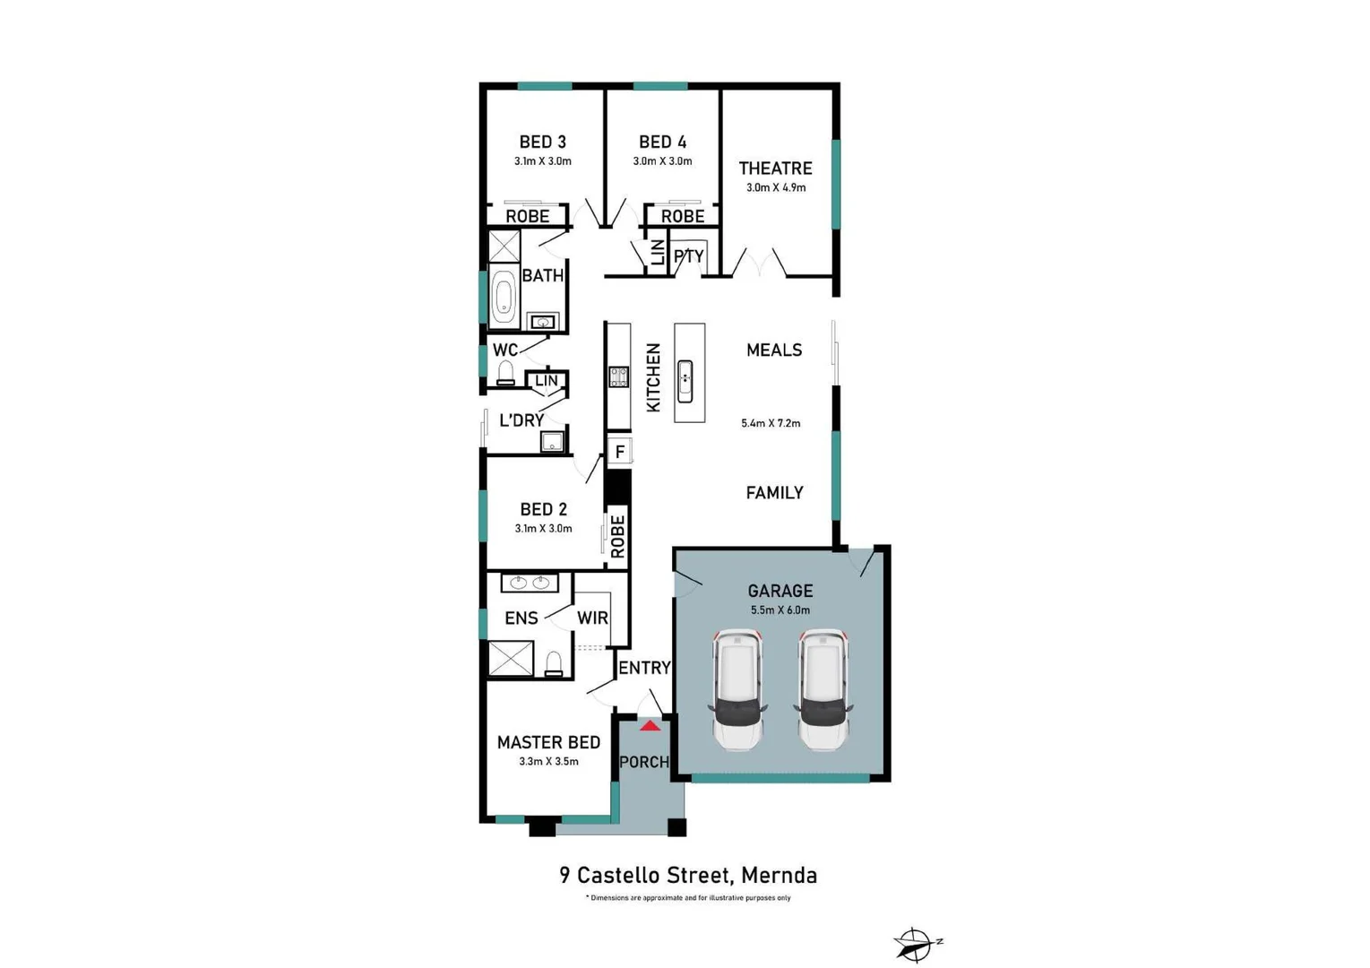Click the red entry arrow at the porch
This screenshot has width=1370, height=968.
tap(650, 725)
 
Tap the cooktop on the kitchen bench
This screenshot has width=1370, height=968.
tap(618, 376)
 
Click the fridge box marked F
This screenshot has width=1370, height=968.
tap(619, 452)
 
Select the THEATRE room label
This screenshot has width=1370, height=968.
tap(775, 169)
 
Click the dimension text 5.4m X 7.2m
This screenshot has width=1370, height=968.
tap(771, 423)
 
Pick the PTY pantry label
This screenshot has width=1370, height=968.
tap(688, 256)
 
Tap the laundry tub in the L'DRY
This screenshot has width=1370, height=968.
tap(552, 441)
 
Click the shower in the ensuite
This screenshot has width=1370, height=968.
tap(510, 659)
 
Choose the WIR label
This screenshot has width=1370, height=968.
tap(592, 618)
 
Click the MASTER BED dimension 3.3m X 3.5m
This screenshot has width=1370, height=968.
tap(548, 762)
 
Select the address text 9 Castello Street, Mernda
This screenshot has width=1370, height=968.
tap(688, 875)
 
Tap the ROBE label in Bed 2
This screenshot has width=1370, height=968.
tap(617, 536)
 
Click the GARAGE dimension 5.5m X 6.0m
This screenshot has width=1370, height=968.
tap(780, 610)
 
